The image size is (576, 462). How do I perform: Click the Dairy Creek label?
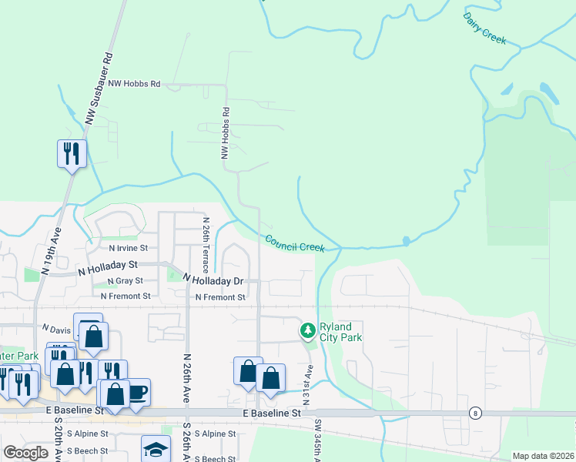pyautogui.click(x=485, y=28)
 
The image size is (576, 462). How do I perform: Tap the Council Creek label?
pyautogui.click(x=295, y=243)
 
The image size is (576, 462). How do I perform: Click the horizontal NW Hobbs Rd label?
pyautogui.click(x=134, y=83)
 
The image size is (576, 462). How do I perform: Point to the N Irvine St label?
pyautogui.click(x=127, y=249)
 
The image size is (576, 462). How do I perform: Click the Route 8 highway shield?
pyautogui.click(x=477, y=413)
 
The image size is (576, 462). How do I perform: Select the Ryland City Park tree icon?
pyautogui.click(x=308, y=331)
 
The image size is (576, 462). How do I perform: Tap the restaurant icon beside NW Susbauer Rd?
pyautogui.click(x=72, y=153)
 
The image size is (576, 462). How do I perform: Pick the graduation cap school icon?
pyautogui.click(x=156, y=449)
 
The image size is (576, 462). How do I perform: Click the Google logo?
pyautogui.click(x=25, y=453)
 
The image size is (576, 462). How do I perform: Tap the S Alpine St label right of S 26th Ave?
pyautogui.click(x=214, y=434)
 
